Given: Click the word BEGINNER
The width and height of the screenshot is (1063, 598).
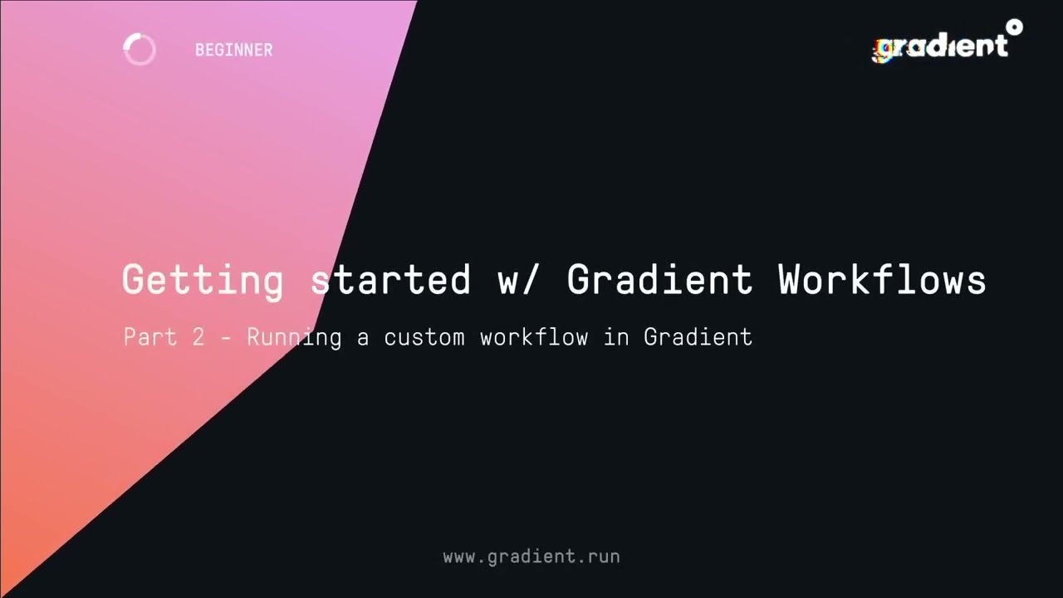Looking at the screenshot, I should click(233, 50).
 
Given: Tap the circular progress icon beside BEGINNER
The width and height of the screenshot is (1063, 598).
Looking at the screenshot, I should click(140, 50).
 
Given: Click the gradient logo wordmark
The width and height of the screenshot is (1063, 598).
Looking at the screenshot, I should click(942, 47).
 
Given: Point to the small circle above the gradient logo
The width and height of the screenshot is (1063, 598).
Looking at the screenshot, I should click(1014, 27).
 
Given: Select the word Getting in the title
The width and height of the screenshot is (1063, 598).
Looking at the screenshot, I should click(203, 280).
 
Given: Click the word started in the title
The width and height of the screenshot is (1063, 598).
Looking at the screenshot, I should click(390, 280).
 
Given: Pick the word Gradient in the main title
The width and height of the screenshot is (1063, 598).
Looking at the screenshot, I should click(659, 280).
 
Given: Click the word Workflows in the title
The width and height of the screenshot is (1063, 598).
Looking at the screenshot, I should click(882, 280).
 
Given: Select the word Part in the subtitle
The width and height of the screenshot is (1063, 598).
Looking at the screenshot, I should click(149, 336).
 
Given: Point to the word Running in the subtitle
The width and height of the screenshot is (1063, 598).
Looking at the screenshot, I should click(293, 336).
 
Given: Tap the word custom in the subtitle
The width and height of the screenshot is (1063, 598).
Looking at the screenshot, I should click(424, 336).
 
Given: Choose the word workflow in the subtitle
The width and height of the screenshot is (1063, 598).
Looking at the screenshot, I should click(533, 336).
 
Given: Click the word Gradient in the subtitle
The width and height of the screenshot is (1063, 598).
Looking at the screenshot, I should click(698, 336).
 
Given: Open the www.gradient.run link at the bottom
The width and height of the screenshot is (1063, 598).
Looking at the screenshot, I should click(531, 556).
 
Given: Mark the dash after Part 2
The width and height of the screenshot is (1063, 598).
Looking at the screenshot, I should click(225, 337).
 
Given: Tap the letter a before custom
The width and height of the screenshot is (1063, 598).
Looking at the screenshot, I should click(363, 337).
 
